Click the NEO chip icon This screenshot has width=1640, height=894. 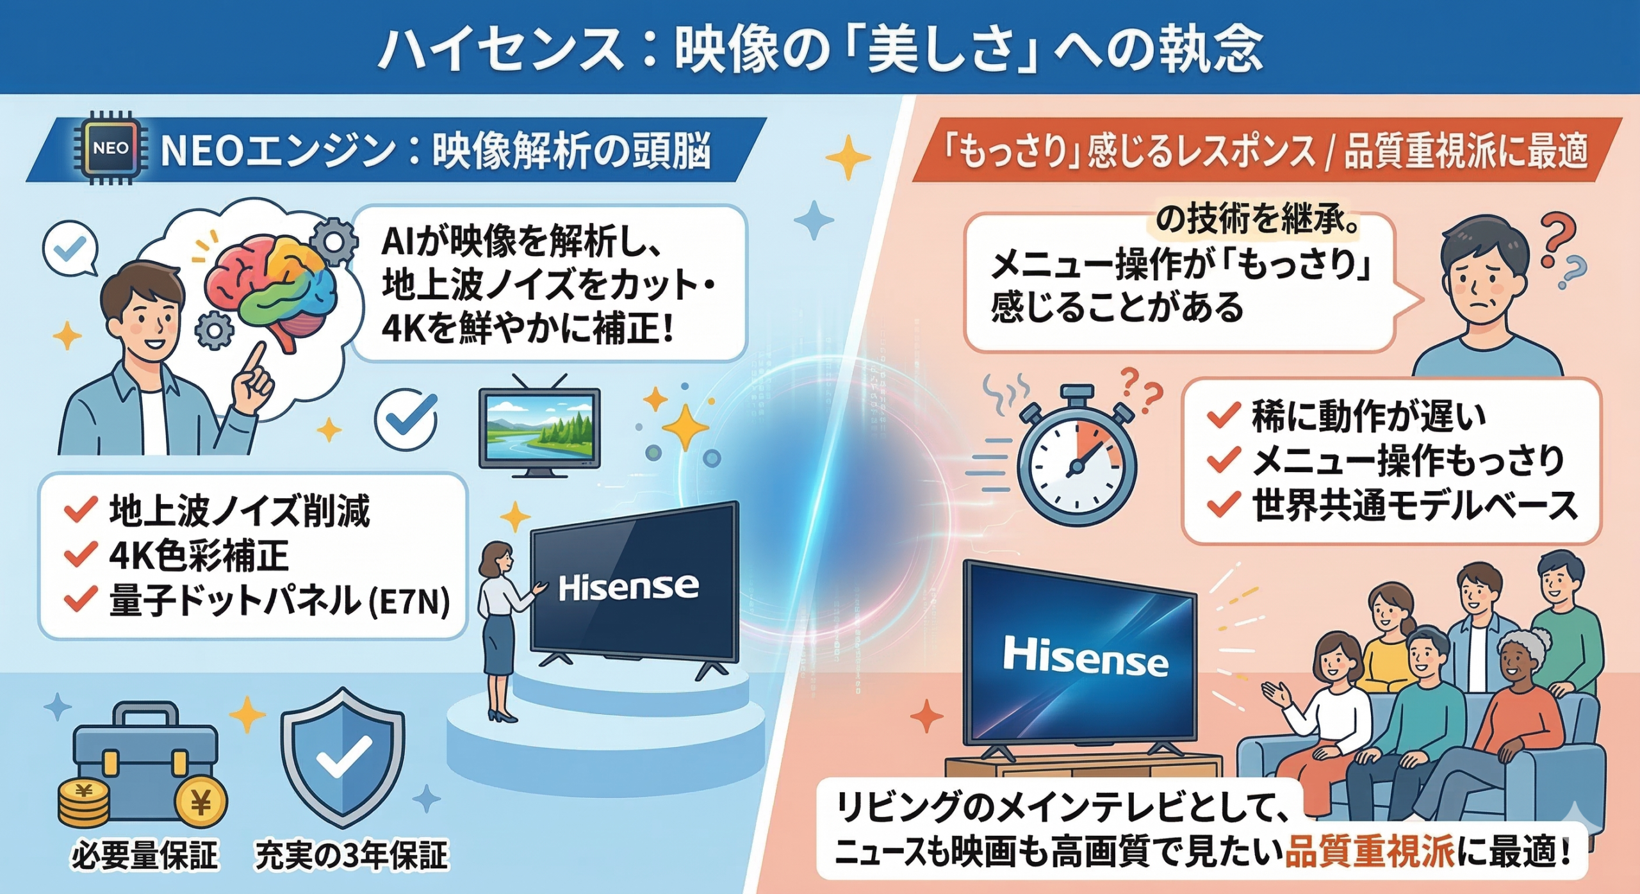point(110,149)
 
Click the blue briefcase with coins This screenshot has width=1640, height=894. point(145,768)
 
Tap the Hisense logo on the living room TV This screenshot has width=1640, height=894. point(1085,657)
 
